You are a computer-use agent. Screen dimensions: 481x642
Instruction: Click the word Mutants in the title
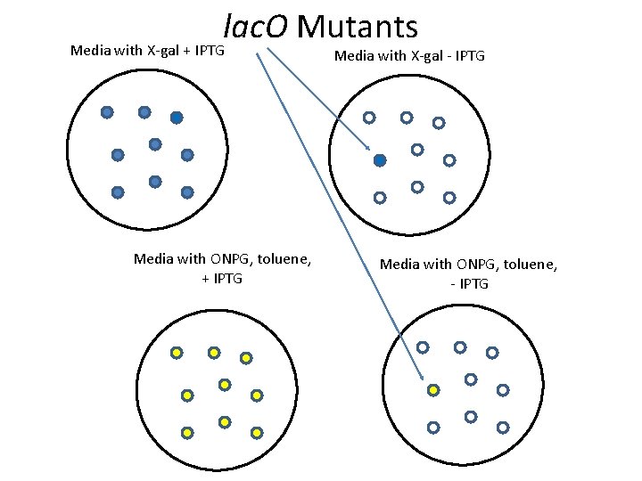(357, 27)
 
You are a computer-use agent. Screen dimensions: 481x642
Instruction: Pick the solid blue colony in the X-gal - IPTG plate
(380, 160)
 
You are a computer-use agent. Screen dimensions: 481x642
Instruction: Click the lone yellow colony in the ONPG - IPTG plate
(433, 389)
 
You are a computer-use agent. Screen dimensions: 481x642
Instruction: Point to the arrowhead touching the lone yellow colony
(422, 377)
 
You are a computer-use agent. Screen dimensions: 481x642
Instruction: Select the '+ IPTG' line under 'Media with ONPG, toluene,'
(222, 279)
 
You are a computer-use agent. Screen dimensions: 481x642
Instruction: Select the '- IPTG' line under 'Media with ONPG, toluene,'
(469, 283)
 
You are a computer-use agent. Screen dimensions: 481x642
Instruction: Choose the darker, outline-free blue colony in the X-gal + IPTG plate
(177, 117)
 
